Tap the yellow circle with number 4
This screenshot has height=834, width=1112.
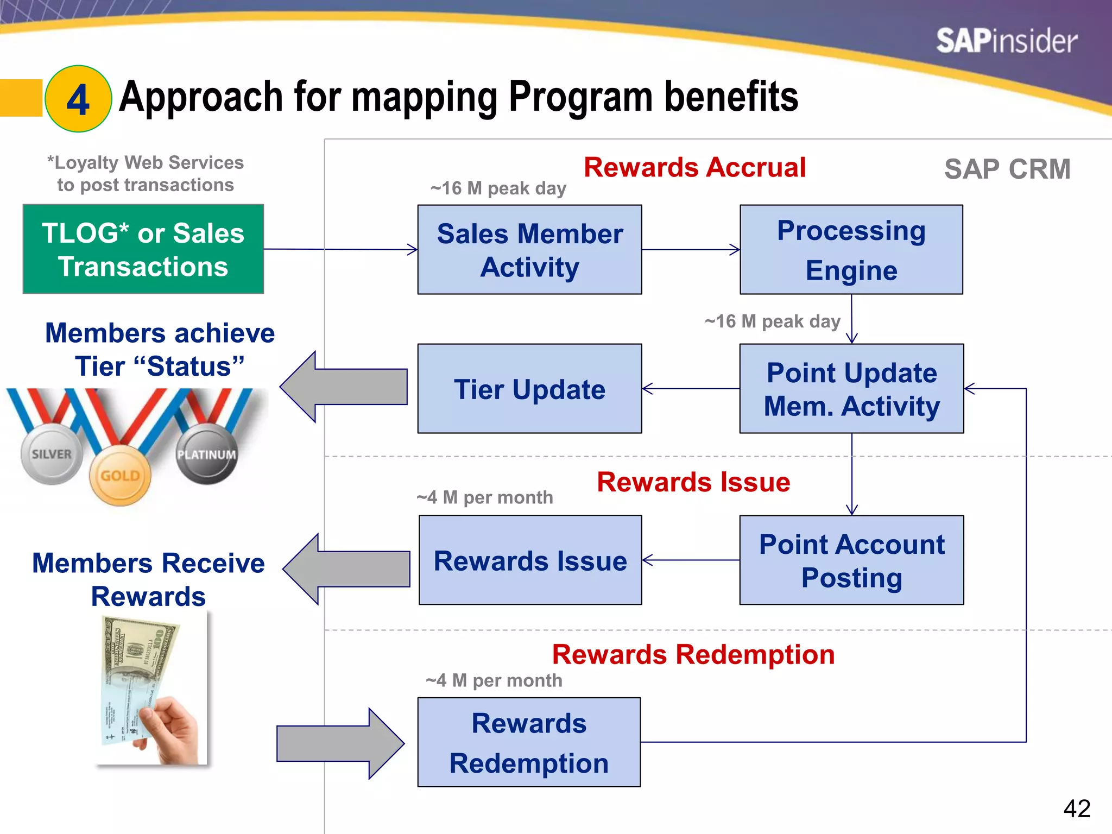point(78,99)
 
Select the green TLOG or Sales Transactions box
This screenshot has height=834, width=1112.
point(143,249)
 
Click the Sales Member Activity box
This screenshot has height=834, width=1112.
point(529,250)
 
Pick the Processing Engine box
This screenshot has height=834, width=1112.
point(851,250)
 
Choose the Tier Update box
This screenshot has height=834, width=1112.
point(529,389)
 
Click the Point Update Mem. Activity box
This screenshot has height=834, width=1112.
point(851,389)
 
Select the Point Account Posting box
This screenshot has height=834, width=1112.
point(851,560)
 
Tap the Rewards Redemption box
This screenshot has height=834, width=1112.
point(529,742)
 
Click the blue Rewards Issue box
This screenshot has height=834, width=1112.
point(530,560)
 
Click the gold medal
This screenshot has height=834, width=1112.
point(120,476)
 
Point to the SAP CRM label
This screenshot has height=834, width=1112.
point(1007,169)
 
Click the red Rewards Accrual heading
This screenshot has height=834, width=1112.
point(694,167)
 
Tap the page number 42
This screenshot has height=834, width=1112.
point(1077,808)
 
